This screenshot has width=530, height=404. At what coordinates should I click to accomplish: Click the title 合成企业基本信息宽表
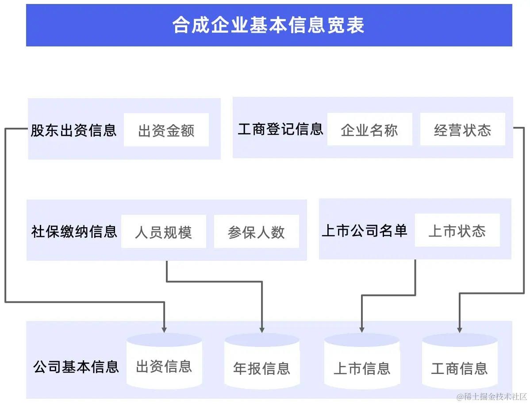269,26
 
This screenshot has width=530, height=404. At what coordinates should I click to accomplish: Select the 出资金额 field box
166,130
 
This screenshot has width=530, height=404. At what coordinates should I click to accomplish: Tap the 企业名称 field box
369,130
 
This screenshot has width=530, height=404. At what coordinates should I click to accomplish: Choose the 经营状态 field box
462,130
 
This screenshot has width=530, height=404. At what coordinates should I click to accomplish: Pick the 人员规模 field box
163,232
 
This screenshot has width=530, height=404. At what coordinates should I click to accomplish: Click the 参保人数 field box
256,232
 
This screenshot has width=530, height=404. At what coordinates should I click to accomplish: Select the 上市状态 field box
457,230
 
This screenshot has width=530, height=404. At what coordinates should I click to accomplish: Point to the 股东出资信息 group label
73,130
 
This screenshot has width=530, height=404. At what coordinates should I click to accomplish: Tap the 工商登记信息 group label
280,129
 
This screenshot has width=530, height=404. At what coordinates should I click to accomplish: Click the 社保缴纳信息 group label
74,231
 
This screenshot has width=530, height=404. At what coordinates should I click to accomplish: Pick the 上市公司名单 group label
364,230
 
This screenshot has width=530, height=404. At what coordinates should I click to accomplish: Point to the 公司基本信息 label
76,366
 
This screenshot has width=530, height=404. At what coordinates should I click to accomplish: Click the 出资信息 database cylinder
164,361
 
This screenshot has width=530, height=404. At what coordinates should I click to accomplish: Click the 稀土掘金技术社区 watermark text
492,396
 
